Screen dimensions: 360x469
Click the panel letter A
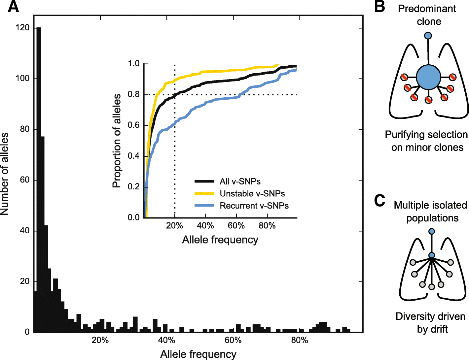pos(13,7)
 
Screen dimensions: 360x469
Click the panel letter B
pos(380,7)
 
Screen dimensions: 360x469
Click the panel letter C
pos(380,200)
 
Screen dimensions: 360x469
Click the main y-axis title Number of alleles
pos(5,174)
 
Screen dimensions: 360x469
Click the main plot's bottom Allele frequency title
pos(198,354)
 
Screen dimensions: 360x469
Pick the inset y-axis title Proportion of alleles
pos(117,141)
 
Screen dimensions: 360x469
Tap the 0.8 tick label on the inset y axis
pos(134,94)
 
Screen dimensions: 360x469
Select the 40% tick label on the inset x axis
pos(205,226)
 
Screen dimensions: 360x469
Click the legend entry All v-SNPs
pos(240,181)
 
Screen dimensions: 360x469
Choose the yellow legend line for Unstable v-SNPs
pos(204,193)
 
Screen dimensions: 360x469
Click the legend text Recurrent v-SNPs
pos(254,206)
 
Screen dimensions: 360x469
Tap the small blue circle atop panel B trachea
pos(428,35)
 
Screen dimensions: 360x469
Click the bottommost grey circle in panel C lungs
pos(432,287)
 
